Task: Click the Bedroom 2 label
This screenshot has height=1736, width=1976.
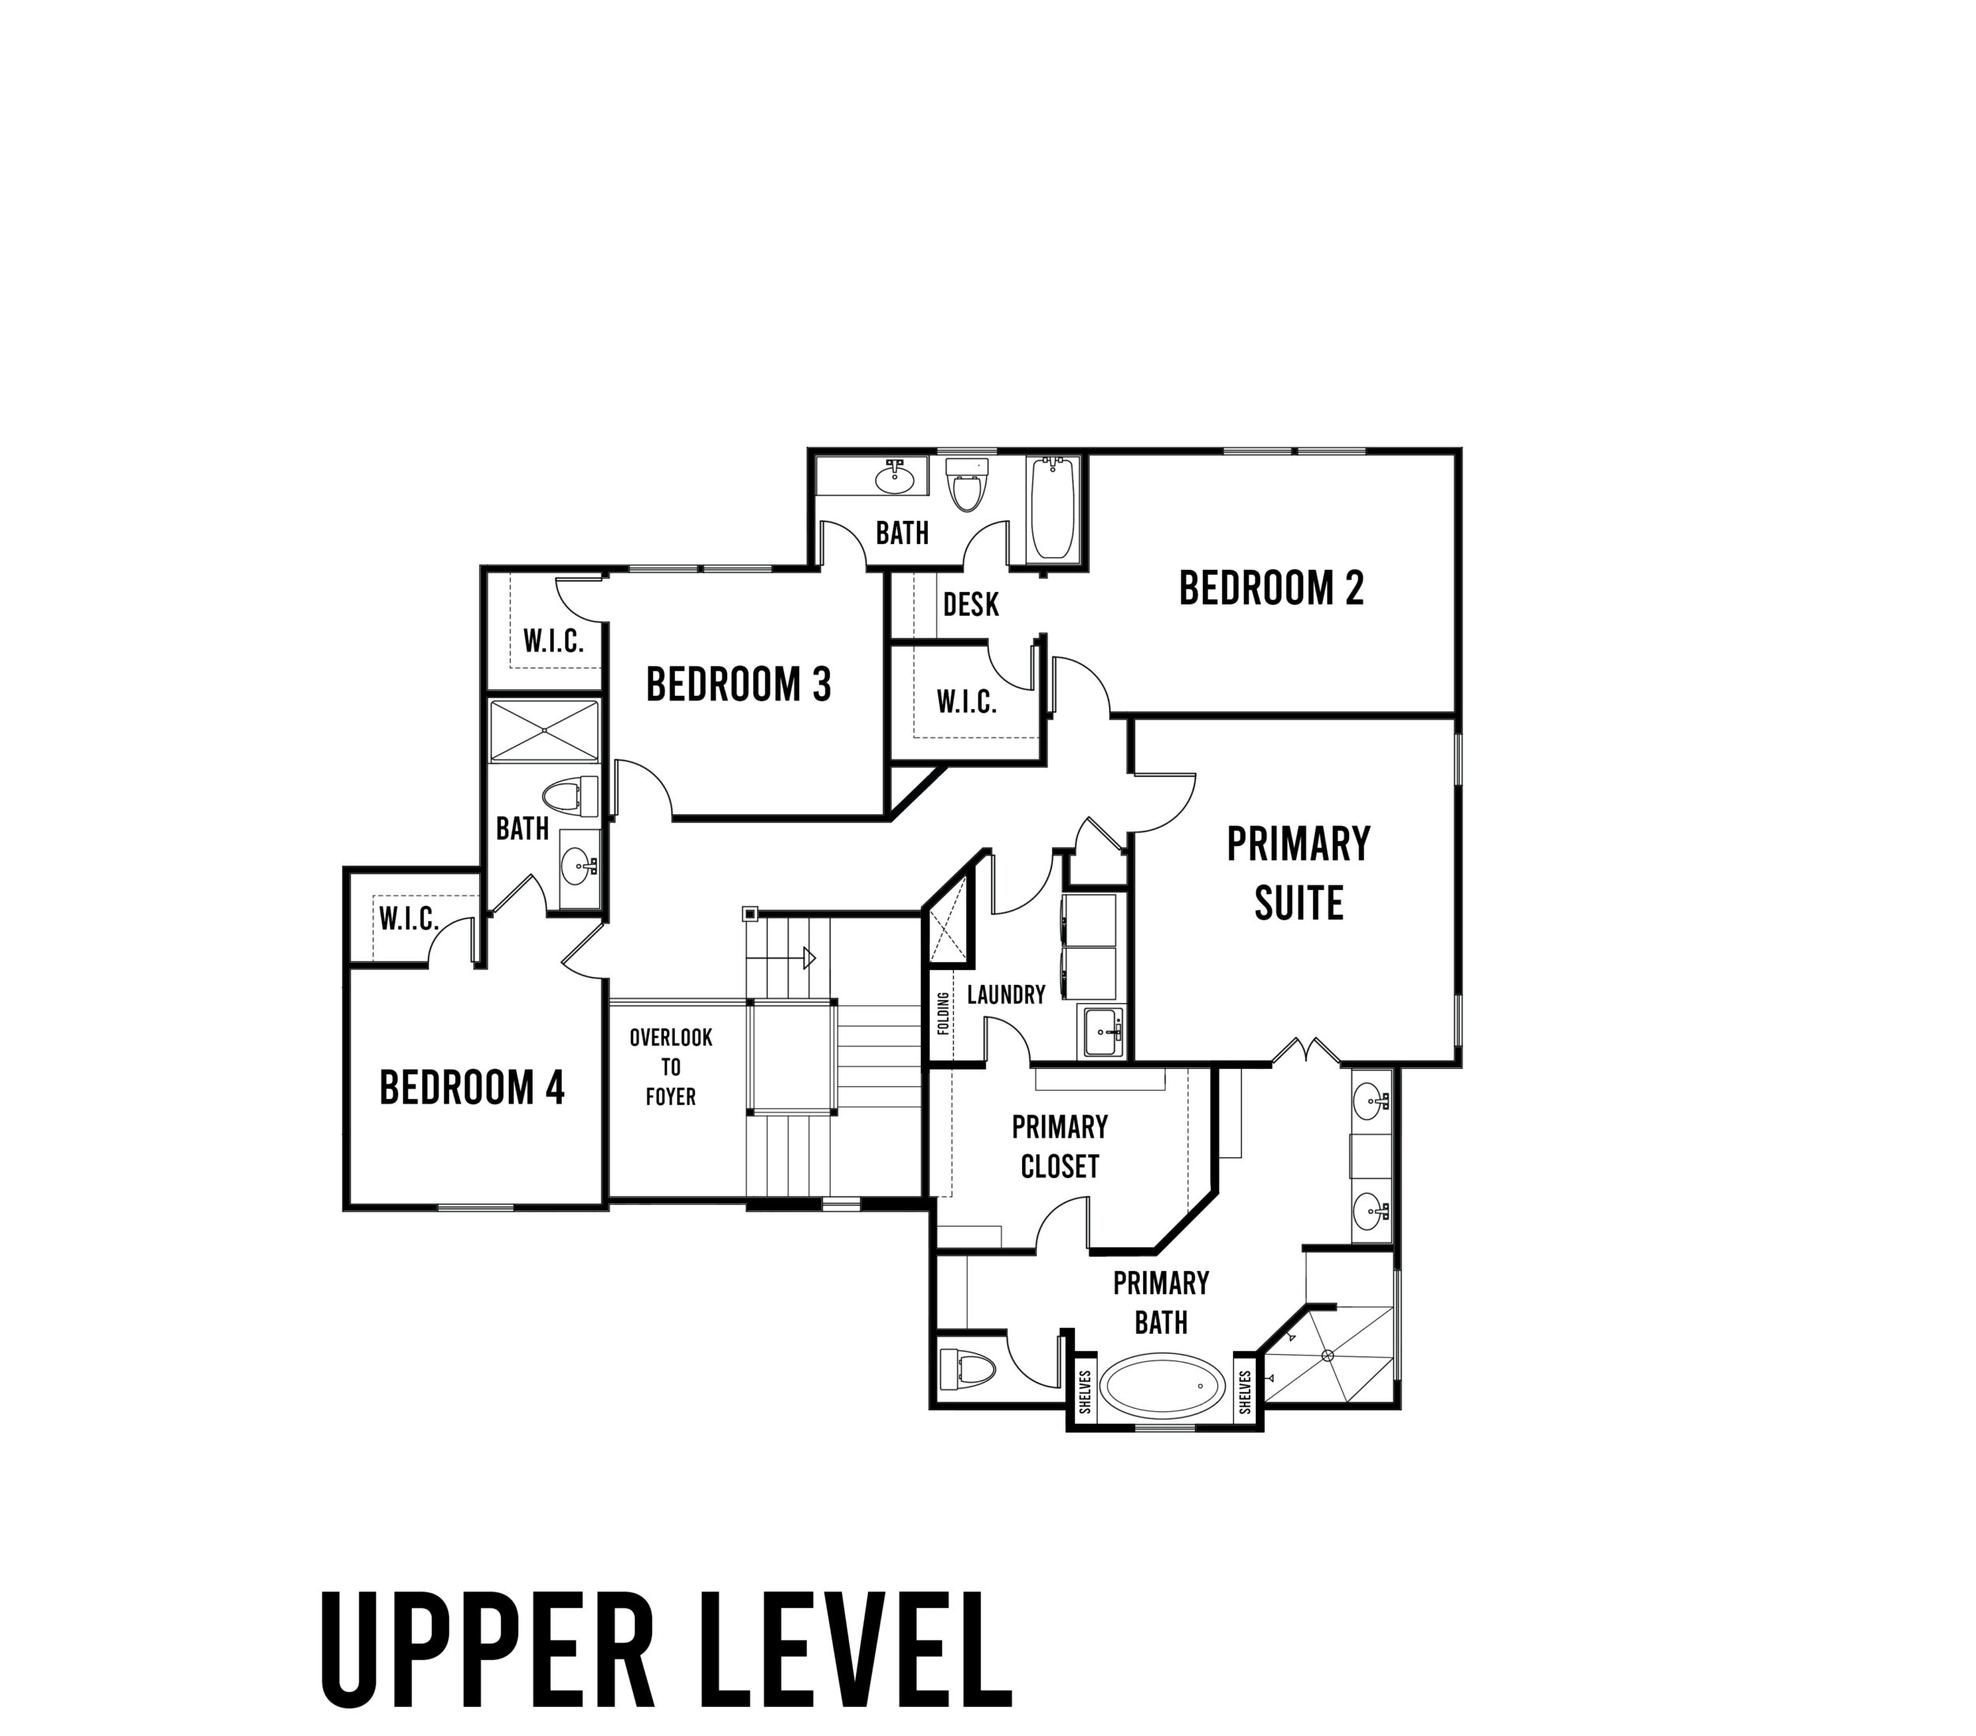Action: pos(1271,588)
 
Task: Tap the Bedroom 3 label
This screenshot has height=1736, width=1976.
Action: pos(738,685)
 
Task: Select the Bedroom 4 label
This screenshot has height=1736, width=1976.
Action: pos(472,1087)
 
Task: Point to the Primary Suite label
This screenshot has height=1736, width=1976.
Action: pos(1299,874)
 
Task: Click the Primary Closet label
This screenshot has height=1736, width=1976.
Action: pos(1060,1147)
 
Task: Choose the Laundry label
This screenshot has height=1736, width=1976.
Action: pos(1005,994)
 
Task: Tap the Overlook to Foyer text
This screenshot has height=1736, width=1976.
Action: pos(671,1066)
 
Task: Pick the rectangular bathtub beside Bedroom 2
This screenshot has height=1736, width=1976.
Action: pos(1054,509)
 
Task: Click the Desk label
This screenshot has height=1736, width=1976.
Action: pos(971,605)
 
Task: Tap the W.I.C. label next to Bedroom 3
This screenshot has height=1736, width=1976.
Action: pos(553,641)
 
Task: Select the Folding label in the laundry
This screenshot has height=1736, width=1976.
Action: pos(944,1013)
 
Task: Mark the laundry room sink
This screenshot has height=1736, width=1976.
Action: pos(1102,1032)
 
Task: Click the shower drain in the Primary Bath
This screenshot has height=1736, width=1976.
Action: pos(1329,1355)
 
